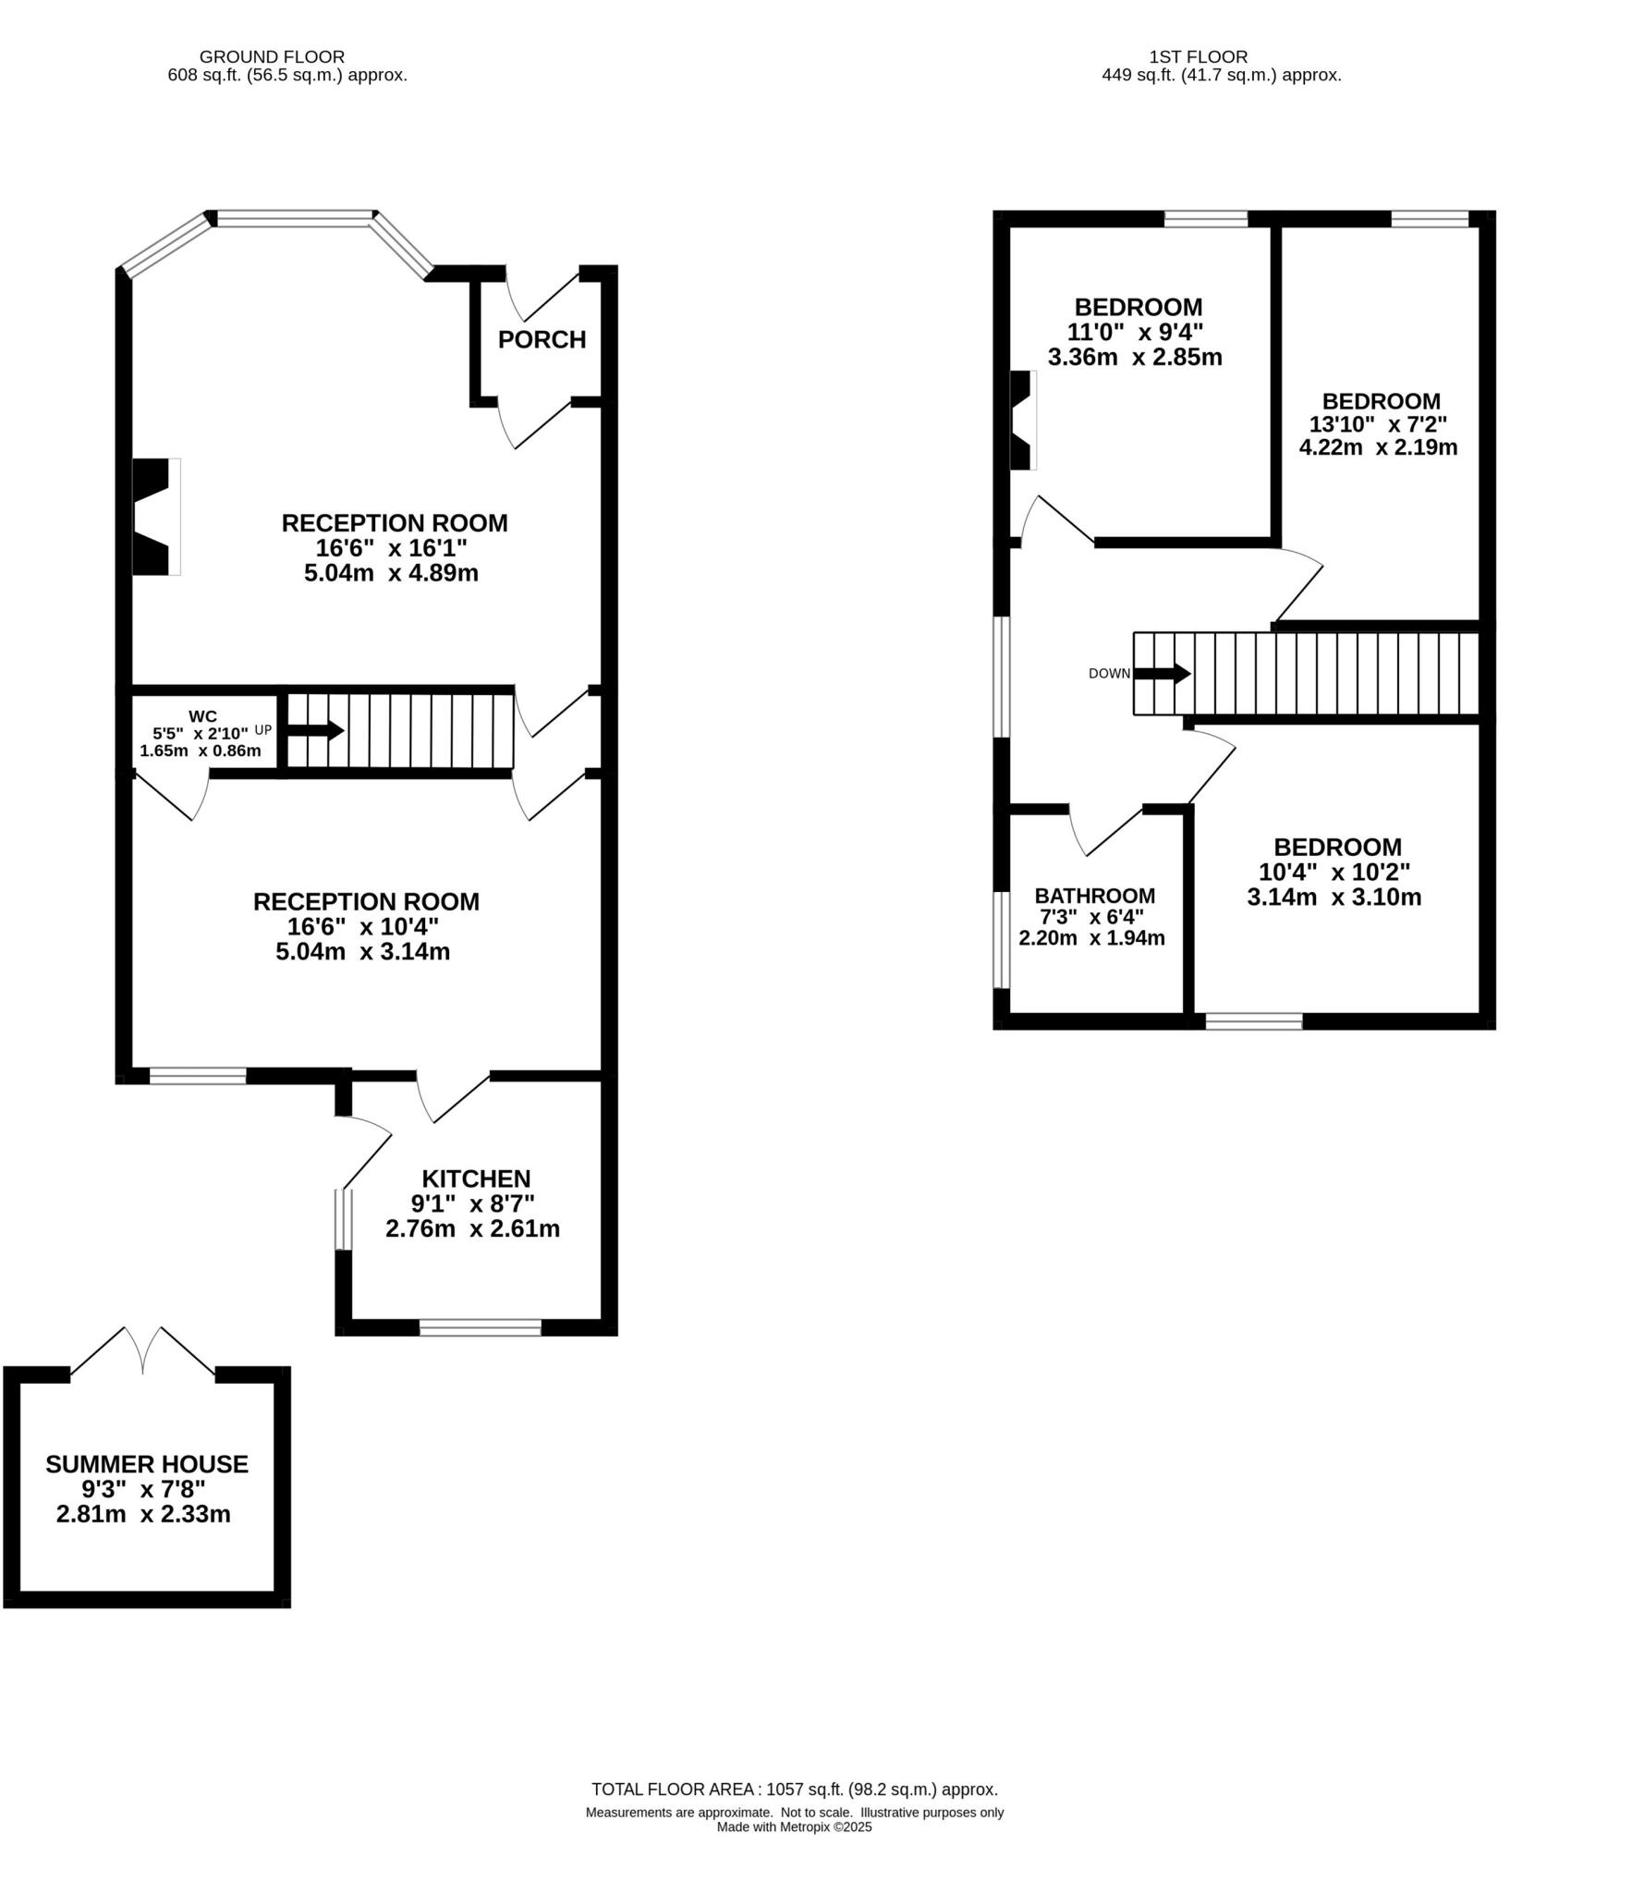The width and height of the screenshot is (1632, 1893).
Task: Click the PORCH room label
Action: pos(542,340)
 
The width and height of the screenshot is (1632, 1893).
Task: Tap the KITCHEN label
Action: pos(476,1179)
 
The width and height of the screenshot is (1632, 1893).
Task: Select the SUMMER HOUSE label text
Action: pos(147,1464)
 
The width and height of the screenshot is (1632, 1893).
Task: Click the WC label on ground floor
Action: pos(202,716)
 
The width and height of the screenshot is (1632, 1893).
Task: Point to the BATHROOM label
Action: pos(1094,896)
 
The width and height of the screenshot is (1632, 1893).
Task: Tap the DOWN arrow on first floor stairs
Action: pos(1162,673)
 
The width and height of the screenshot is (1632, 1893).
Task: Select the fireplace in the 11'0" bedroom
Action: pos(1022,421)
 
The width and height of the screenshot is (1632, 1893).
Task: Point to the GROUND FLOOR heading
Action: pos(272,57)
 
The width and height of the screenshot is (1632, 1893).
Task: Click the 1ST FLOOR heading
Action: pos(1198,57)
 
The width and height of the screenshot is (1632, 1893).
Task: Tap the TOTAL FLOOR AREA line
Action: pos(794,1789)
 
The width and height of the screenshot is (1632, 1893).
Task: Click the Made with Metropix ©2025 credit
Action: pos(794,1826)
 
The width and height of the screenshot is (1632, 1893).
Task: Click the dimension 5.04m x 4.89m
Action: pos(391,573)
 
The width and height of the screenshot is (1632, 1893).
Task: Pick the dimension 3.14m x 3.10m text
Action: pos(1334,897)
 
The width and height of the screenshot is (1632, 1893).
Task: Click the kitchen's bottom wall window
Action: pos(480,1328)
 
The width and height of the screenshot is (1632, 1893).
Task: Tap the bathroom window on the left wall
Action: pos(1001,939)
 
